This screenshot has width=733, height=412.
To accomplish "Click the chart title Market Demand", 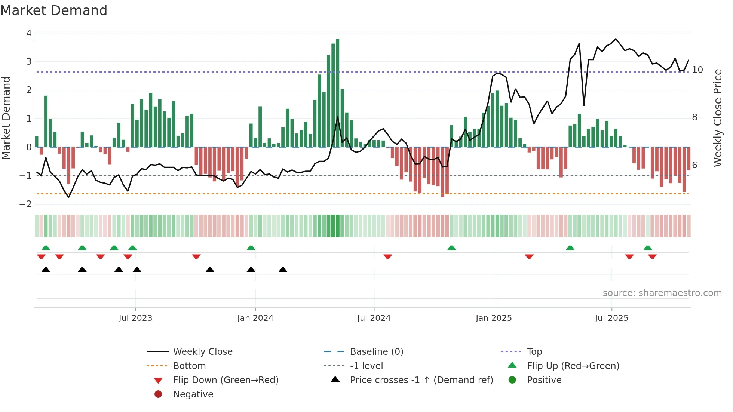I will (54, 10).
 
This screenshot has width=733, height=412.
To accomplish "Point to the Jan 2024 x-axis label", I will (255, 318).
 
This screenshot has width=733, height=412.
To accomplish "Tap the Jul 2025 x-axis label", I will (611, 318).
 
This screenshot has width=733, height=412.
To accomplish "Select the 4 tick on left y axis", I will (29, 33).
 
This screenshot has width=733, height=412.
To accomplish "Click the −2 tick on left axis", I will (26, 204).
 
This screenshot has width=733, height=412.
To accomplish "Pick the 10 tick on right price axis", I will (697, 70).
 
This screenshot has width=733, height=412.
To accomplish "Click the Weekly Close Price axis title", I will (717, 118).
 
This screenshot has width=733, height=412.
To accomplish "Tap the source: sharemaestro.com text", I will (662, 293).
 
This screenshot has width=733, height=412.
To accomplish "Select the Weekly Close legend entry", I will (202, 352).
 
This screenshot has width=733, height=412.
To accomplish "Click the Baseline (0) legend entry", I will (376, 352).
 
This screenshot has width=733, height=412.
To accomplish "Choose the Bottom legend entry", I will (189, 366).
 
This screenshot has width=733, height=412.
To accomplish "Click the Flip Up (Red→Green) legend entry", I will (573, 366).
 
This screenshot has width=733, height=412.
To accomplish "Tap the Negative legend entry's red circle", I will (158, 394).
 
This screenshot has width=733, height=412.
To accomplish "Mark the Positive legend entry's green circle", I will (512, 380).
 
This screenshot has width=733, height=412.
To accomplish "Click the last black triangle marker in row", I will (283, 270).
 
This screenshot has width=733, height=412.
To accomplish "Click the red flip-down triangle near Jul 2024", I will (388, 256).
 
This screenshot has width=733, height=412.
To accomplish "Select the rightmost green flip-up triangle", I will (648, 248).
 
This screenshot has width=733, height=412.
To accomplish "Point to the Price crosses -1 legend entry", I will (421, 380).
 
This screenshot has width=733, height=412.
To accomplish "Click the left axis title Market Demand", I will (6, 118).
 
